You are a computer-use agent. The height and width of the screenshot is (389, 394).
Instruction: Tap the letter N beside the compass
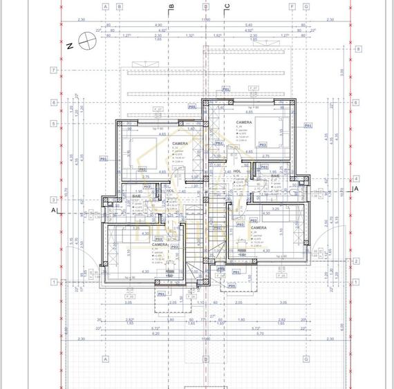(71, 47)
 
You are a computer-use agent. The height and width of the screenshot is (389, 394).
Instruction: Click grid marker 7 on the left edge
(53, 70)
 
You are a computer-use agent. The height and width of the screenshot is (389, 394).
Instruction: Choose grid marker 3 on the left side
(53, 201)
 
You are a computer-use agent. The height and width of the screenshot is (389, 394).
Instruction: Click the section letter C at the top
(226, 7)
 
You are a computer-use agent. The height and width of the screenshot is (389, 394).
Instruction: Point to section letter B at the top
(172, 7)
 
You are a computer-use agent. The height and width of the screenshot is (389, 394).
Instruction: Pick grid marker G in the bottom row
(306, 359)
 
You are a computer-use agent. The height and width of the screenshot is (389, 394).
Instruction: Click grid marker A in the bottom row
(106, 359)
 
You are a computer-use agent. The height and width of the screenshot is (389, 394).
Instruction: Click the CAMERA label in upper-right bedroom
(243, 122)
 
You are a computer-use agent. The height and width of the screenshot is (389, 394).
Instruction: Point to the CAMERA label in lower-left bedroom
(160, 245)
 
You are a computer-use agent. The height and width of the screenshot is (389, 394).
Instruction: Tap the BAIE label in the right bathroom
(275, 176)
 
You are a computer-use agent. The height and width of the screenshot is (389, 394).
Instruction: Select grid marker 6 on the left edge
(53, 102)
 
